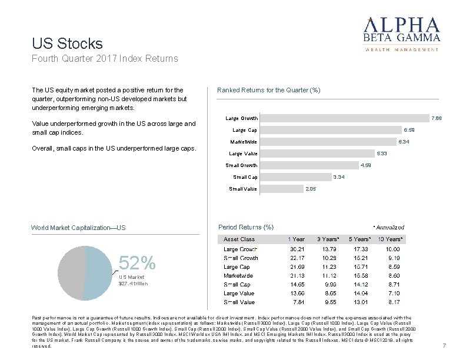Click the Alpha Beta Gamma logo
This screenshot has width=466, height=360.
pyautogui.click(x=402, y=33)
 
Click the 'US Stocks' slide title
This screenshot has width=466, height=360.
pyautogui.click(x=67, y=44)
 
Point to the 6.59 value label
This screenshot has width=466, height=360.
pyautogui.click(x=409, y=130)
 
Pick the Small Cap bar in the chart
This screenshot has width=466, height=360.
pyautogui.click(x=294, y=177)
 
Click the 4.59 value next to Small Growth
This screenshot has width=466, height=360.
pyautogui.click(x=366, y=165)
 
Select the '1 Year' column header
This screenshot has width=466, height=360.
pyautogui.click(x=296, y=239)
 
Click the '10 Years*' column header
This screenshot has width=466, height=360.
pyautogui.click(x=390, y=239)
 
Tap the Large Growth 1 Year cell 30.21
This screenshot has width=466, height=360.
pyautogui.click(x=297, y=249)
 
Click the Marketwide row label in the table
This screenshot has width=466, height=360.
pyautogui.click(x=238, y=275)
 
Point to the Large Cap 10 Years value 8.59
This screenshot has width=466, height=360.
pyautogui.click(x=392, y=266)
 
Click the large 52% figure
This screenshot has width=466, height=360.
pyautogui.click(x=137, y=262)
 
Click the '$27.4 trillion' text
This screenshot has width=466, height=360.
pyautogui.click(x=134, y=284)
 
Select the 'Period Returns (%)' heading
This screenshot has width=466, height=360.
pyautogui.click(x=245, y=227)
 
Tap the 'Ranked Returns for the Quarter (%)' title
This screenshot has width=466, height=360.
pyautogui.click(x=268, y=90)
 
